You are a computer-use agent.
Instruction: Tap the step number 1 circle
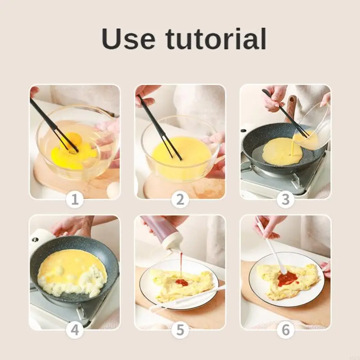tap(75, 199)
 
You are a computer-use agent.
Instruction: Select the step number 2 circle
tap(180, 199)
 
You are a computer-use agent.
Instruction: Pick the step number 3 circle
tap(285, 199)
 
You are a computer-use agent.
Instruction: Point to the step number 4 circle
tap(75, 330)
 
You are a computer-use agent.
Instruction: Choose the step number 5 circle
tap(180, 330)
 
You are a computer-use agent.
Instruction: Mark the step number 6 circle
tap(285, 330)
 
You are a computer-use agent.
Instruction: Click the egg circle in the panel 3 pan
tap(282, 151)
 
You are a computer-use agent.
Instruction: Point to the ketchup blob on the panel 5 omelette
tap(181, 282)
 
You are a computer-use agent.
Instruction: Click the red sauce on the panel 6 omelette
tap(288, 279)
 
